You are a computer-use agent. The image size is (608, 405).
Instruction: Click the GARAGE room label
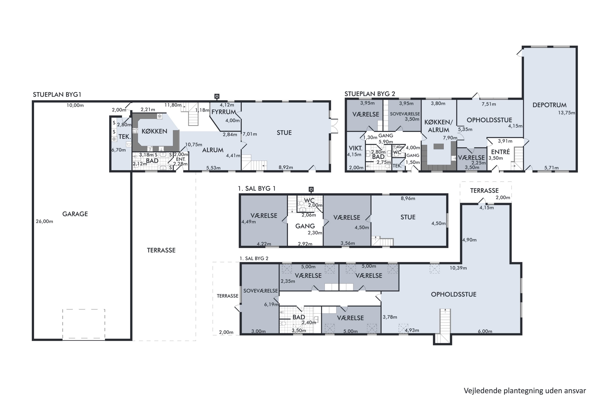(x=75, y=214)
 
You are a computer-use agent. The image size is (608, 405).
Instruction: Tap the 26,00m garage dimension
(x=44, y=221)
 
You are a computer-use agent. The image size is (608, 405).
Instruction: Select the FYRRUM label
(x=224, y=112)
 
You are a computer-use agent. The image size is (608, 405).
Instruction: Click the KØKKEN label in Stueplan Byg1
(x=154, y=131)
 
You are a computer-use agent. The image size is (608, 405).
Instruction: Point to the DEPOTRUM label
(x=549, y=105)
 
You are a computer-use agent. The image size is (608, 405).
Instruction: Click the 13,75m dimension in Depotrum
(x=566, y=113)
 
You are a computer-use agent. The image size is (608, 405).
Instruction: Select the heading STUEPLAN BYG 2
(x=370, y=94)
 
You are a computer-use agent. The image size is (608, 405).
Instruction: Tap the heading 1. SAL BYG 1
(x=257, y=189)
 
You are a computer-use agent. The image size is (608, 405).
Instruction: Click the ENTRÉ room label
(x=500, y=152)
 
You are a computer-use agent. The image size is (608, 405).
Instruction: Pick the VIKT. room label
(x=355, y=148)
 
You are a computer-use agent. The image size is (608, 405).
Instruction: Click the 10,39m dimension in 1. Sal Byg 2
(x=458, y=268)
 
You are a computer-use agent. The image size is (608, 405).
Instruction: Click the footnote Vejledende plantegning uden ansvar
(x=525, y=391)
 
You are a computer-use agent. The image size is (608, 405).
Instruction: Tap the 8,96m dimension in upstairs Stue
(x=408, y=198)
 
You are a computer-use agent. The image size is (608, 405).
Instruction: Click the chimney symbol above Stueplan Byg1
(x=217, y=96)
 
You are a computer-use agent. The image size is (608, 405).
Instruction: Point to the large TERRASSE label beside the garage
(x=161, y=250)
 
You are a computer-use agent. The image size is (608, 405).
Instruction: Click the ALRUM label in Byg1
(x=213, y=150)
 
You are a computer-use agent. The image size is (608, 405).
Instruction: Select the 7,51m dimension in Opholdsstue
(x=489, y=104)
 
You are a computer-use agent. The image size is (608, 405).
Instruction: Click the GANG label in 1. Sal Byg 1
(x=305, y=226)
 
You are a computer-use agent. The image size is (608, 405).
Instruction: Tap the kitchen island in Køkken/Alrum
(x=438, y=146)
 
